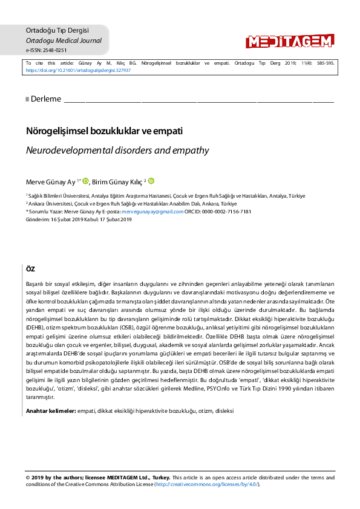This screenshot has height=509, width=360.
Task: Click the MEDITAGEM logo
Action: point(289,41)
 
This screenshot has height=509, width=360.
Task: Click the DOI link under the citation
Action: point(78,70)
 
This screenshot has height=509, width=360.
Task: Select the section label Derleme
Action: point(46,99)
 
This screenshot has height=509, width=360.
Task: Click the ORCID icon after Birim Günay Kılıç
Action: point(151,180)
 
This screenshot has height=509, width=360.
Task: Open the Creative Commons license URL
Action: point(206,484)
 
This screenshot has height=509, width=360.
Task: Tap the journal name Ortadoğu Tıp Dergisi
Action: point(57,30)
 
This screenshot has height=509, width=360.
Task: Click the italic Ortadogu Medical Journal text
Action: point(64,41)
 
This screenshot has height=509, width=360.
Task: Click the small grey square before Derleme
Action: point(27,99)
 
